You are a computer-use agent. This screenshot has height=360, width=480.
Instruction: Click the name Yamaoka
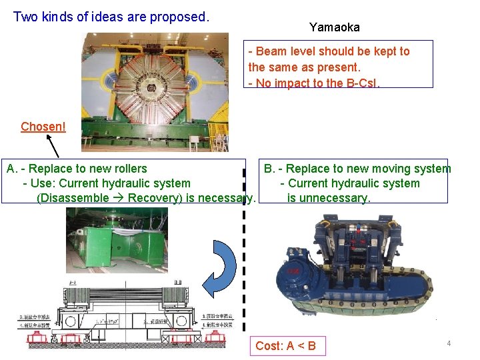point(334,27)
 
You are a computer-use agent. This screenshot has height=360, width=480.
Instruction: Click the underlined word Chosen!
point(43,127)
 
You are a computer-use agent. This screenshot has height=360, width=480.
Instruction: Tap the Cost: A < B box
point(285,345)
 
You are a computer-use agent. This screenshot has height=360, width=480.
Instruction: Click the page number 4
point(449,343)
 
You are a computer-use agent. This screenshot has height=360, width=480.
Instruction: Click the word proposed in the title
point(178,17)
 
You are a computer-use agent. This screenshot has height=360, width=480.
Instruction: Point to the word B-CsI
point(363,83)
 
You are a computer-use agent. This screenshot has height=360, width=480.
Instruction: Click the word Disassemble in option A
point(75,198)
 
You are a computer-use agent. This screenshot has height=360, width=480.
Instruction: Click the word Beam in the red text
point(269,51)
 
